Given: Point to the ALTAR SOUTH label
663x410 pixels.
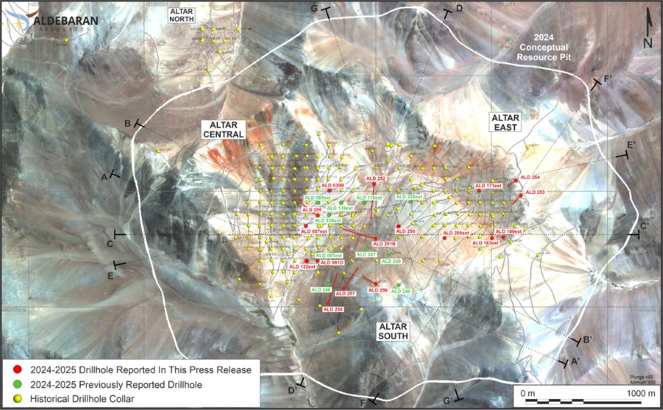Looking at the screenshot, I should coord(392,331).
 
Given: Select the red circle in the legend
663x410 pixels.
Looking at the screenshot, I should coord(17,370).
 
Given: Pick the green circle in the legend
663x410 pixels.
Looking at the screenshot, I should coord(17,384).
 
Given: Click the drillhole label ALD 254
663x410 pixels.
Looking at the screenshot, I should coord(530,177).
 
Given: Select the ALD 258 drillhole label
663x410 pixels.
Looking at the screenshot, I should coord(334,309).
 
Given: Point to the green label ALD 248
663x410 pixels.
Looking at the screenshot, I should coord(401,291).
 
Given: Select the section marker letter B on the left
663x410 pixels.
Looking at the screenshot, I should coord(128,123).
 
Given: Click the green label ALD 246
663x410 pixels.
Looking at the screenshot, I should coord(322,289).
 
